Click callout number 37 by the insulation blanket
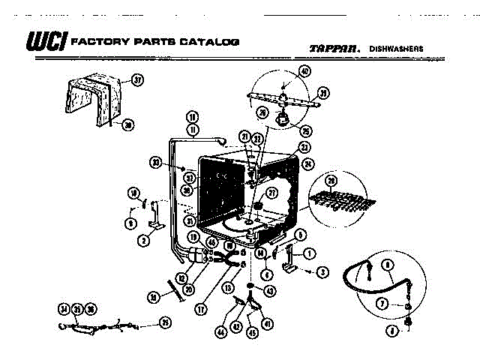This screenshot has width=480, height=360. [x=137, y=79]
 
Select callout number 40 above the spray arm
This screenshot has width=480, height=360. [x=304, y=70]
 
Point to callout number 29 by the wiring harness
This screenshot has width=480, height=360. [x=165, y=322]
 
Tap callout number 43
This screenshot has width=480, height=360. [x=270, y=290]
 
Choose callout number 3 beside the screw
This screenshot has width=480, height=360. [x=322, y=271]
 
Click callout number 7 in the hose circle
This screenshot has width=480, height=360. [x=382, y=303]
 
